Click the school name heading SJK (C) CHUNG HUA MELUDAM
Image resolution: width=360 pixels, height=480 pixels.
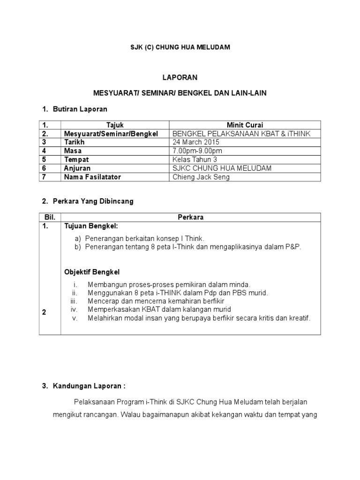click(180, 47)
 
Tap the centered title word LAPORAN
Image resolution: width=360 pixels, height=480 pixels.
click(180, 77)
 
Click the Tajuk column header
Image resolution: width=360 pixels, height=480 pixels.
click(114, 125)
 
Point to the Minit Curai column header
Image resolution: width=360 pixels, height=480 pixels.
click(245, 125)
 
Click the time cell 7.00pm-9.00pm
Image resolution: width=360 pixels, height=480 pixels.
click(197, 151)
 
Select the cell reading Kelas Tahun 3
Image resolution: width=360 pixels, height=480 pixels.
click(195, 159)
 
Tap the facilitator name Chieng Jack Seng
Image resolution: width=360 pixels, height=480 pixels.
click(201, 177)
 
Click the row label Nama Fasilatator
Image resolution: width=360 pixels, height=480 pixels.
click(92, 177)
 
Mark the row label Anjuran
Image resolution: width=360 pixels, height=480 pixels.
click(77, 168)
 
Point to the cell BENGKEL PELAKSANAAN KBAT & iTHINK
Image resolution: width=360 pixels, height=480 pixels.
click(241, 134)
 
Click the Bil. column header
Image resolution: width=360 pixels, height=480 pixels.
click(50, 217)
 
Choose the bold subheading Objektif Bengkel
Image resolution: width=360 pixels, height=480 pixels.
click(92, 272)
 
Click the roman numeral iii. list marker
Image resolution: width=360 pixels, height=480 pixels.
click(74, 301)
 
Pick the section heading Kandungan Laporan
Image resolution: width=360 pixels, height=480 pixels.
click(89, 387)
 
